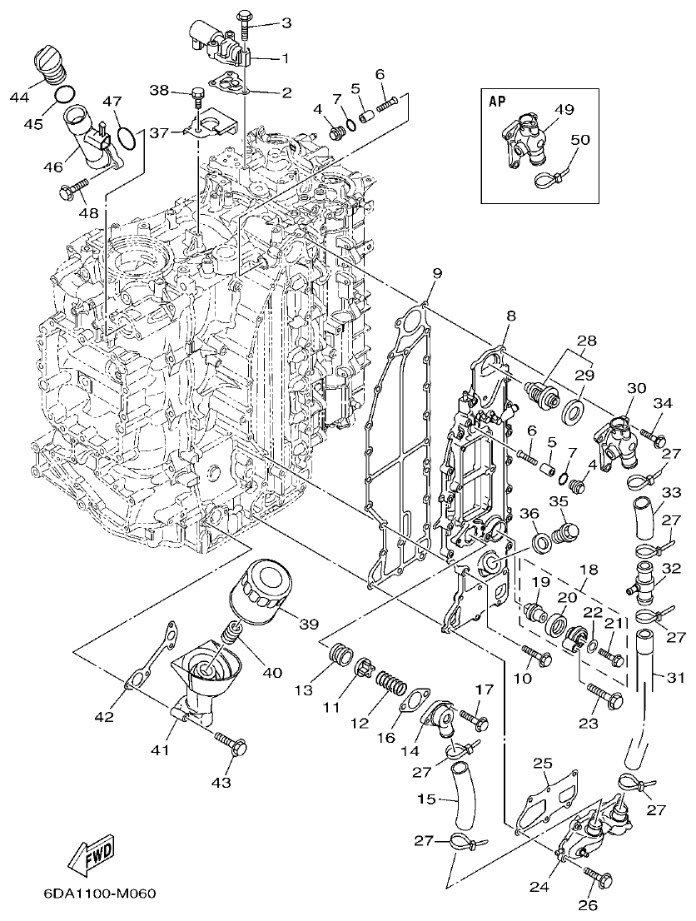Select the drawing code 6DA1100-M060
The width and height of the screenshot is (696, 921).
point(99,895)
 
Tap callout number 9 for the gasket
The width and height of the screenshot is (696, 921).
point(437,273)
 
